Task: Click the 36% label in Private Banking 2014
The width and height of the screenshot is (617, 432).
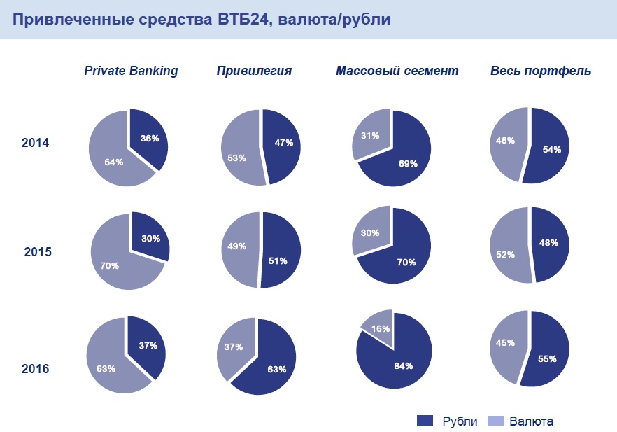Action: pos(149,139)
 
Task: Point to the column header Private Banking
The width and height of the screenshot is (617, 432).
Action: pos(131,71)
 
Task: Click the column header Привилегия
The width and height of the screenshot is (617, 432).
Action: pos(254,71)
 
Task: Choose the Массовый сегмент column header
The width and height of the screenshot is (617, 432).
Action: pos(397,71)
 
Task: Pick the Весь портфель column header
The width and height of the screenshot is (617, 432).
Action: pos(541,71)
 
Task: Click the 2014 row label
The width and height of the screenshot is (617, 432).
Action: pos(35,143)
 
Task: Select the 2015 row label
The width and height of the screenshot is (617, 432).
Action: pos(38,251)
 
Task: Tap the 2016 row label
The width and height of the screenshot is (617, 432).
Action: pos(35,368)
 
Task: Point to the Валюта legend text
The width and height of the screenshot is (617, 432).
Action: pos(531,421)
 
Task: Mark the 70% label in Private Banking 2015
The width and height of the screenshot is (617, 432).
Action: pos(110,266)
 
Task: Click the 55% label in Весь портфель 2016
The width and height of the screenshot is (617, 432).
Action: pos(547,359)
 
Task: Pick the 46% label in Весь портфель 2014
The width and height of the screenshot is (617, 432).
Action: pos(506,140)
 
